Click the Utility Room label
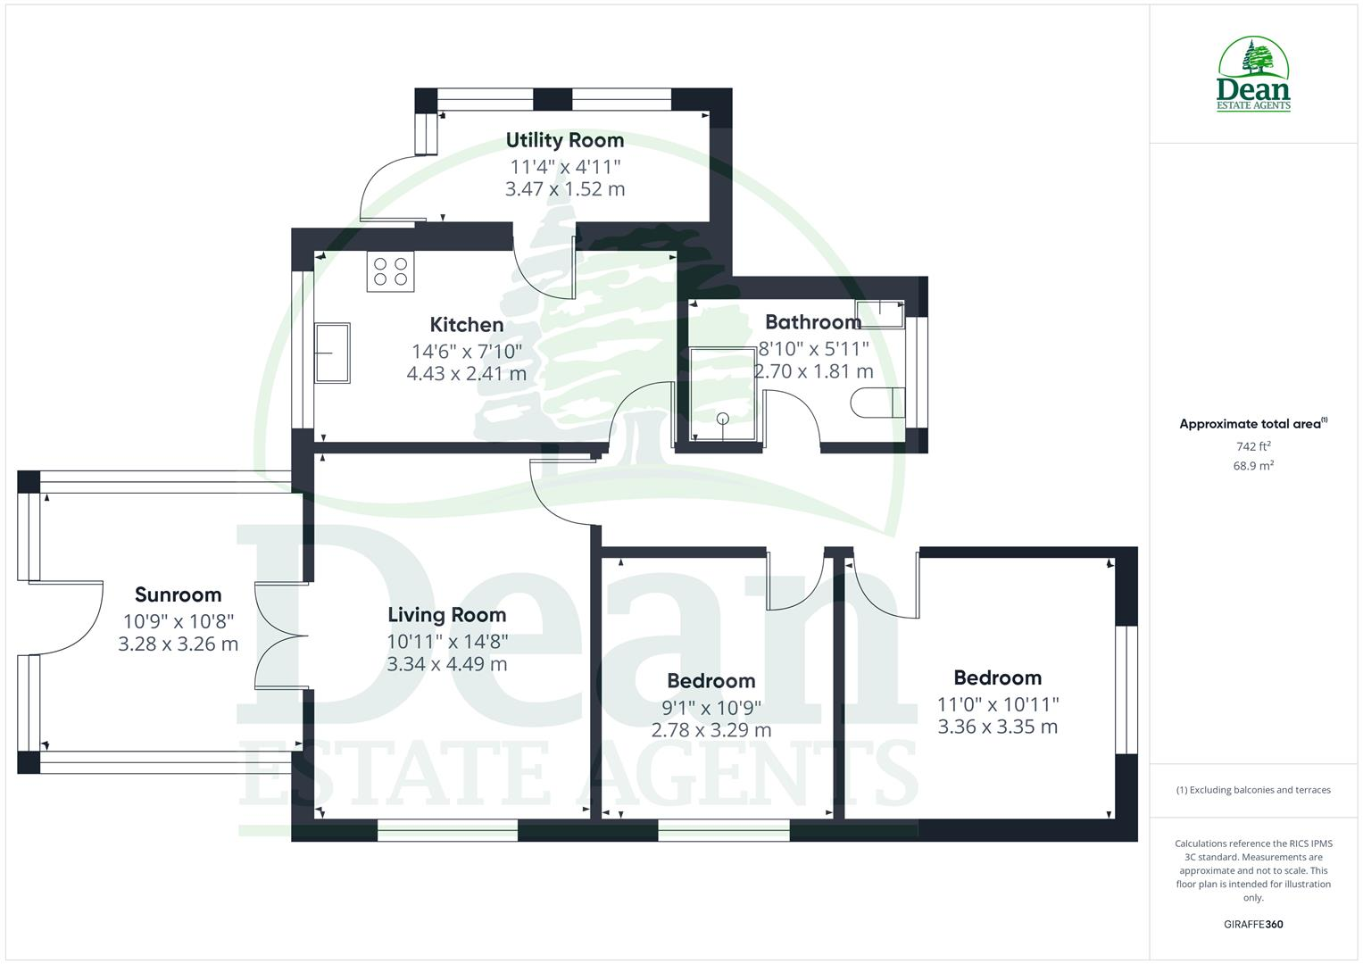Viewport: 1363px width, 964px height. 565,141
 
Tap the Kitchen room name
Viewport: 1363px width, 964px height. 467,325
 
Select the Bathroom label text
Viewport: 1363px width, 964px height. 813,322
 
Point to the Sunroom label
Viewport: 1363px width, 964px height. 178,594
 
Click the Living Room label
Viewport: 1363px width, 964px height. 447,615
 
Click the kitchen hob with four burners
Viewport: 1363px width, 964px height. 391,271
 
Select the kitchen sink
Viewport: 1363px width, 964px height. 332,353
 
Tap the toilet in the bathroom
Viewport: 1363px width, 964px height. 878,403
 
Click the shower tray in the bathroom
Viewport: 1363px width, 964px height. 722,393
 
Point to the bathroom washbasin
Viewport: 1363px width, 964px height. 880,314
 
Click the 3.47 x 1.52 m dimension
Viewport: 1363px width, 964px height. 565,189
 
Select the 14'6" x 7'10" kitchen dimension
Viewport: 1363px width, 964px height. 467,352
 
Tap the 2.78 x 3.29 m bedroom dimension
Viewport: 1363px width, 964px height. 711,730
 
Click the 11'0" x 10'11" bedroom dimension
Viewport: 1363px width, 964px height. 998,705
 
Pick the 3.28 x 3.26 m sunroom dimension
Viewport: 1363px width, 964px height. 178,644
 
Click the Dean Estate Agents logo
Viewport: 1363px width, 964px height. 1253,74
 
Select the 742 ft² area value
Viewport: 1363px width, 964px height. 1253,446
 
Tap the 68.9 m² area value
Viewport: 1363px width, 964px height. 1253,466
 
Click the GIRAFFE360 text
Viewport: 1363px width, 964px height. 1253,924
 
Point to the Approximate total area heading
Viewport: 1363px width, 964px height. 1253,424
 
